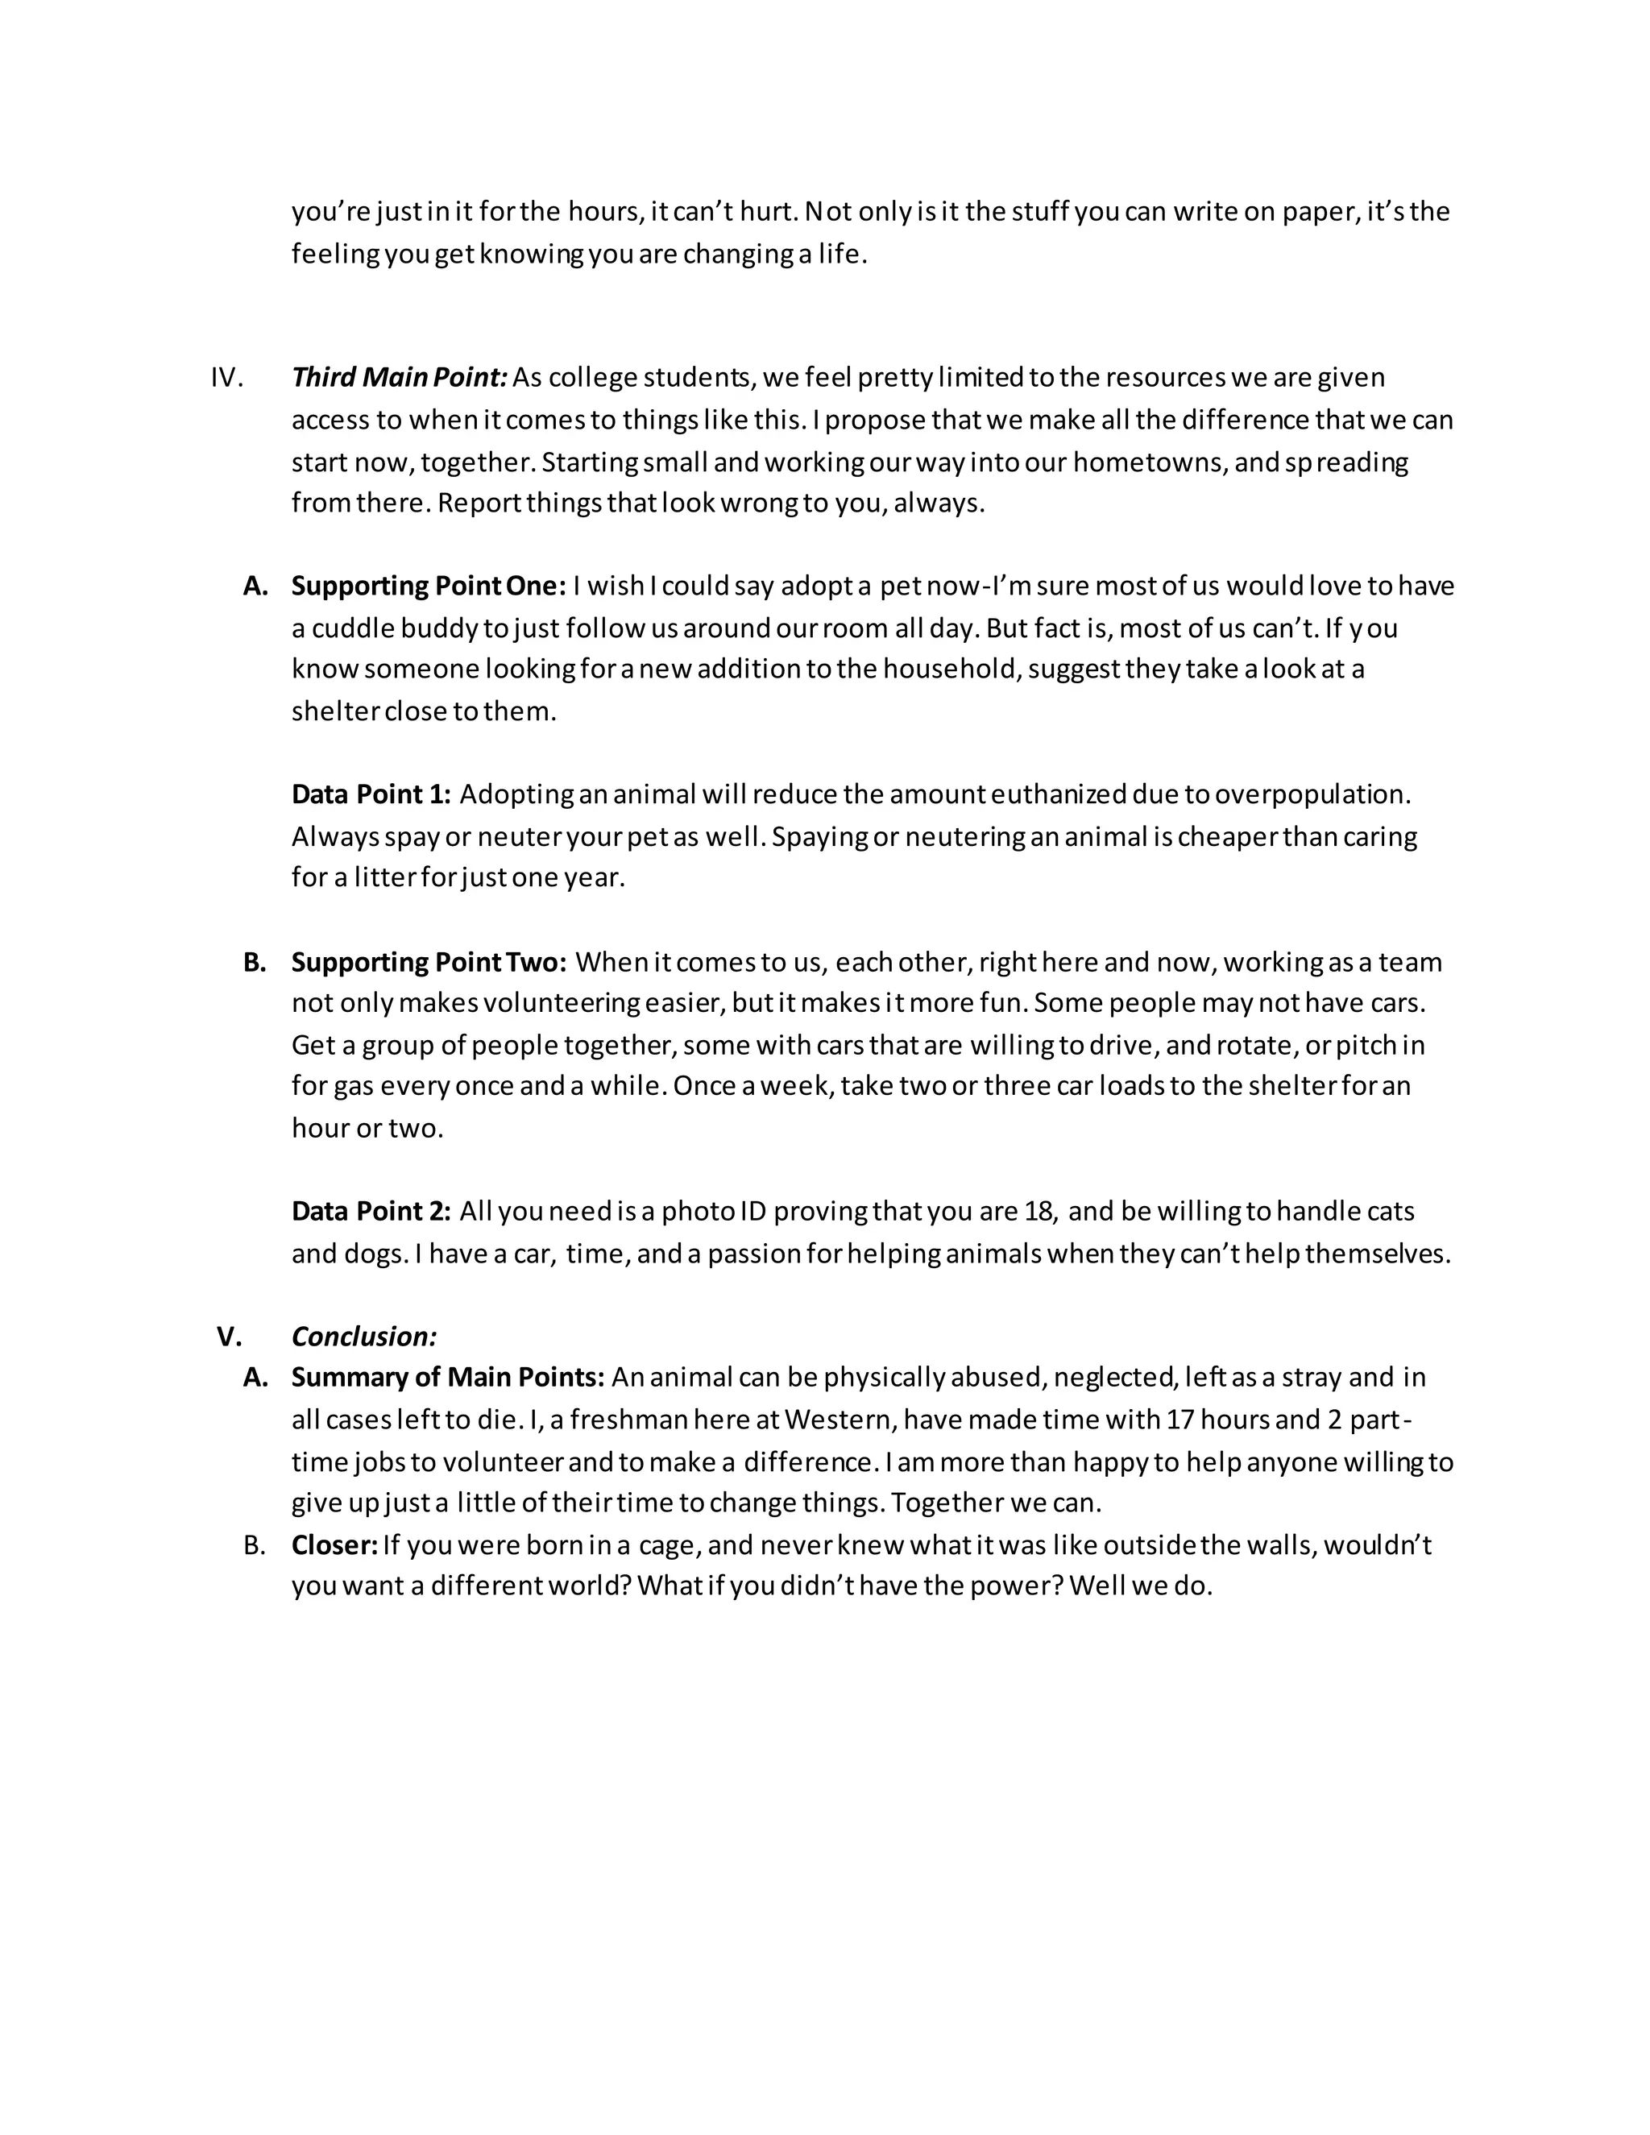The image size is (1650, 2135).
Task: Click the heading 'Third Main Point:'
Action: click(x=399, y=377)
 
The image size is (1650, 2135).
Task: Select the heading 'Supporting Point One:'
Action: click(x=428, y=586)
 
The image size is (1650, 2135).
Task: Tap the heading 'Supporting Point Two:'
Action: click(x=428, y=962)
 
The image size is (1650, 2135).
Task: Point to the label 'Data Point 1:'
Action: click(x=371, y=794)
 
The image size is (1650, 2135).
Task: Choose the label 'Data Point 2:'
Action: click(x=371, y=1211)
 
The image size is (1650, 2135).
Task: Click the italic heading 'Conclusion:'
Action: click(x=363, y=1337)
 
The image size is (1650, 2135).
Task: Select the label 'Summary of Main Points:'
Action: click(x=448, y=1378)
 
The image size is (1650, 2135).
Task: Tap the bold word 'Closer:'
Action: click(x=334, y=1544)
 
